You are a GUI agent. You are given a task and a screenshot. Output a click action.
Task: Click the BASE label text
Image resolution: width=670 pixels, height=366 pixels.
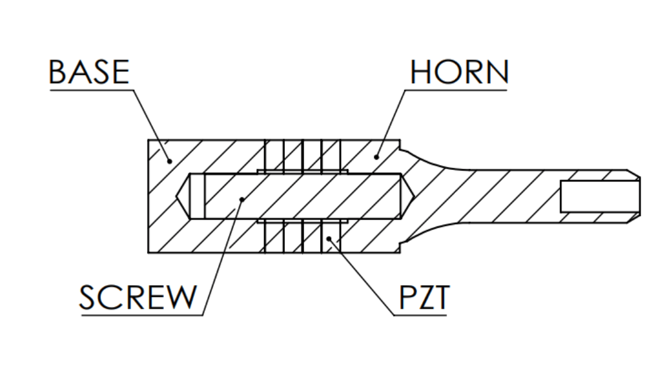[89, 72]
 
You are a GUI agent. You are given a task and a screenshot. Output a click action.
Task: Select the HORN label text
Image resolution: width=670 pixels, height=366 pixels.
[459, 72]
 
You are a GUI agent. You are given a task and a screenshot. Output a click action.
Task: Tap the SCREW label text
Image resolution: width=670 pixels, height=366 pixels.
[138, 297]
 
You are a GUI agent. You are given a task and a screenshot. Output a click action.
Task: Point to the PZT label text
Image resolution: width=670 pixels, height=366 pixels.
[423, 297]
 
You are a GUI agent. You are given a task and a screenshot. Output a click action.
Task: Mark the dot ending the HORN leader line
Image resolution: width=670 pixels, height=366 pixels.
[377, 157]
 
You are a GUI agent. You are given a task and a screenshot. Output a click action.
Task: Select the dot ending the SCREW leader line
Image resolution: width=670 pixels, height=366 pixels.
[242, 198]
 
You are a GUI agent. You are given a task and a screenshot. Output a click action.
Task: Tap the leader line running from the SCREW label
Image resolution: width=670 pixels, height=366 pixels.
[222, 255]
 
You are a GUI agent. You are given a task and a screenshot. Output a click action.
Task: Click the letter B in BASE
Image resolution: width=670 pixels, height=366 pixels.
[58, 72]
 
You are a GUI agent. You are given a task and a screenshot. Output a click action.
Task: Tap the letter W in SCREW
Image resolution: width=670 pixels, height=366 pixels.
[182, 297]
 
